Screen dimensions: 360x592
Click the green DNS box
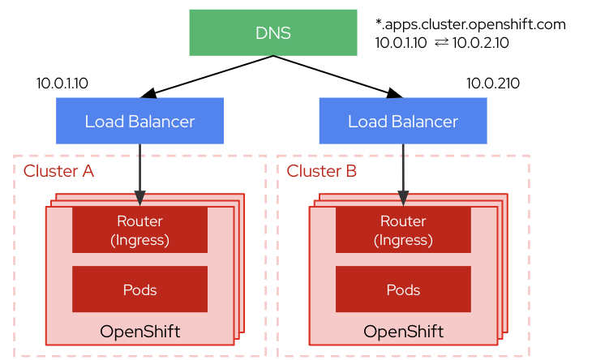click(272, 32)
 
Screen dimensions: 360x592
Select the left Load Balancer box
click(139, 122)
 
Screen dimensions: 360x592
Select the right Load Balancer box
click(403, 122)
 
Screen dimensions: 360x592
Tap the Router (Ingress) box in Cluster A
click(139, 229)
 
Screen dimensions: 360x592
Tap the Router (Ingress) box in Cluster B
click(403, 229)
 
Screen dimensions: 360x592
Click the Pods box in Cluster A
click(139, 289)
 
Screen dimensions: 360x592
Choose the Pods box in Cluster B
click(403, 289)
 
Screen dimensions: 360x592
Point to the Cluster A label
click(58, 171)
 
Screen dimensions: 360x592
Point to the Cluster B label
click(322, 171)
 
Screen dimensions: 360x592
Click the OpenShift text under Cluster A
click(139, 332)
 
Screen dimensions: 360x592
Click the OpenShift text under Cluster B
click(403, 332)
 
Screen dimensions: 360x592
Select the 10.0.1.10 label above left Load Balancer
click(62, 84)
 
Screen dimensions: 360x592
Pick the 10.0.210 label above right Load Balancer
click(493, 84)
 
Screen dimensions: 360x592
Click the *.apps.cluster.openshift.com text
click(470, 24)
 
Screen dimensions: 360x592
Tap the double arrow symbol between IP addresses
click(442, 43)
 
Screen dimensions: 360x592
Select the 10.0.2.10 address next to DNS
click(482, 43)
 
